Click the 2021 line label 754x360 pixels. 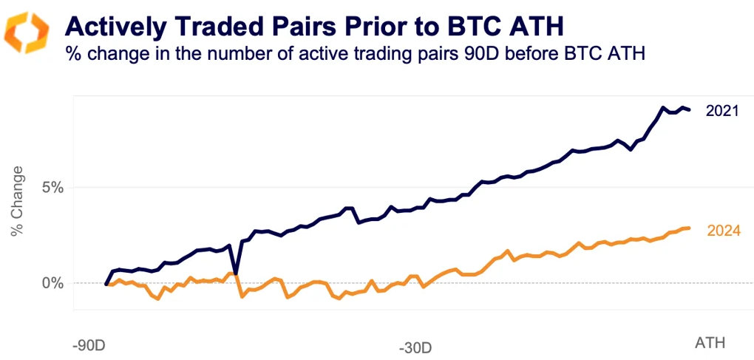click(x=722, y=112)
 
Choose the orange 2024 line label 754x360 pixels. click(x=723, y=231)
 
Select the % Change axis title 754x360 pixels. click(x=17, y=201)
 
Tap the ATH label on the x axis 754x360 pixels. click(x=710, y=343)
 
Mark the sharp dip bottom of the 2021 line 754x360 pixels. click(x=235, y=274)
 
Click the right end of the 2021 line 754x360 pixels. click(x=690, y=110)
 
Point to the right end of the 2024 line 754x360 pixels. click(x=689, y=228)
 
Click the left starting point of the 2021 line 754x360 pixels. click(x=106, y=284)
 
